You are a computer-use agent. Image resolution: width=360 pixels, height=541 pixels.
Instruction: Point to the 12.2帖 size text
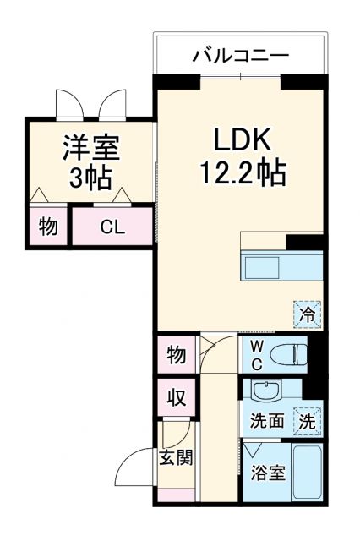click(243, 174)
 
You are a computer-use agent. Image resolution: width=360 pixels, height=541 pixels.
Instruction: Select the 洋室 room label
click(90, 147)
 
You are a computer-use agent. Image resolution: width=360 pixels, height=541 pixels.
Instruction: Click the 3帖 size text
click(90, 178)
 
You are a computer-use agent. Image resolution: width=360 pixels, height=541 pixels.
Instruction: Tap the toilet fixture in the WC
click(291, 353)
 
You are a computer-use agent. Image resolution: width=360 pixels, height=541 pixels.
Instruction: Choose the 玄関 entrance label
click(177, 458)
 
